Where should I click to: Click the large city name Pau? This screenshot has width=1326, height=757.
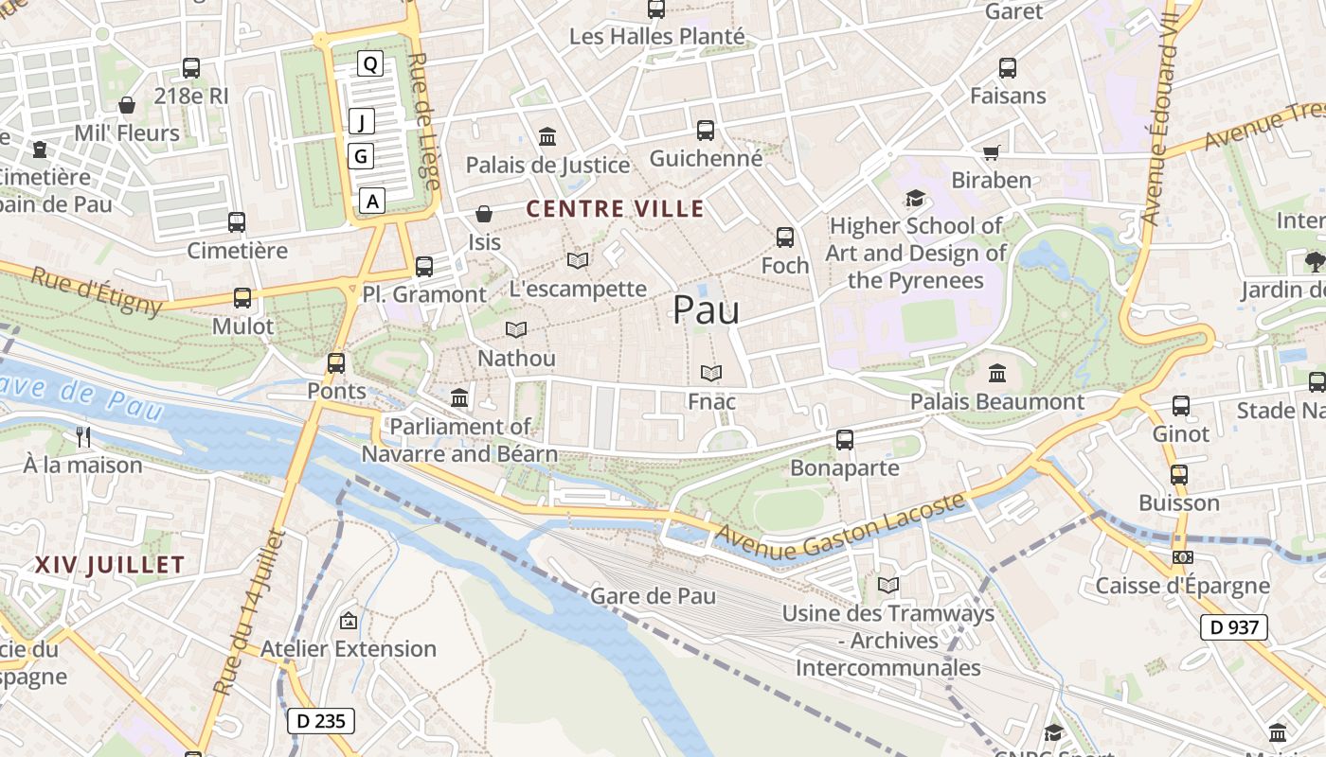(x=706, y=310)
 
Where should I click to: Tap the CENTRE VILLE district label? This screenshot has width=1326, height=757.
(x=615, y=209)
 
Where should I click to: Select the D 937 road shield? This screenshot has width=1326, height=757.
(x=1235, y=626)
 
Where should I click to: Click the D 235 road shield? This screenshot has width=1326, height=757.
(x=321, y=721)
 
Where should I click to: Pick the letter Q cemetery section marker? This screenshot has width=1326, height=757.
(x=370, y=64)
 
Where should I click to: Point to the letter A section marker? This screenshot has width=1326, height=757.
(x=372, y=201)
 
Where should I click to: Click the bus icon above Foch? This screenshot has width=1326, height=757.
(x=785, y=238)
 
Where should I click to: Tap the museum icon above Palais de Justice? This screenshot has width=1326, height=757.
(x=547, y=137)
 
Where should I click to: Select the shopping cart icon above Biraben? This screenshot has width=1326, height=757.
(x=992, y=152)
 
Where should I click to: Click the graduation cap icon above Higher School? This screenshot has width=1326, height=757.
(x=915, y=198)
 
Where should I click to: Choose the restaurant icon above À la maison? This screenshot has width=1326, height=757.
(x=83, y=436)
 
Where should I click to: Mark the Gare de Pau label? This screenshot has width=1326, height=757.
(x=653, y=596)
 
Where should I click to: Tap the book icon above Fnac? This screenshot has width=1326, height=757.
(x=711, y=374)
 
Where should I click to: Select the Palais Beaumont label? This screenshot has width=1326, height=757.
(x=997, y=402)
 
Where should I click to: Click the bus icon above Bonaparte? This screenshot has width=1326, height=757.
(x=845, y=440)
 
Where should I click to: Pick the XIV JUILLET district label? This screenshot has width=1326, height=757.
(x=110, y=566)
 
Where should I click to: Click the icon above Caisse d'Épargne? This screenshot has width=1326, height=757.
(x=1181, y=557)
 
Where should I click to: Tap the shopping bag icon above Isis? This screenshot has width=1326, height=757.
(x=484, y=214)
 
